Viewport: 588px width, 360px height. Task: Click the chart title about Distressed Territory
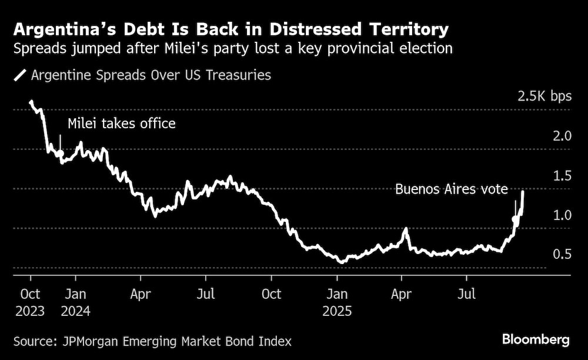tap(231, 29)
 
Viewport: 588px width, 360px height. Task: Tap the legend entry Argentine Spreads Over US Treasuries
tap(151, 75)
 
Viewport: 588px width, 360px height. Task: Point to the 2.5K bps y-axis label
tap(544, 96)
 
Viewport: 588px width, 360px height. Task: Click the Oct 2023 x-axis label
tap(30, 301)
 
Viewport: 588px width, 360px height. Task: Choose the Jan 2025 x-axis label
tap(337, 301)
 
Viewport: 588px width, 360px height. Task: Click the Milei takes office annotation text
tap(122, 124)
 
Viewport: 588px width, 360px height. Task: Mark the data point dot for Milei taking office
tap(60, 154)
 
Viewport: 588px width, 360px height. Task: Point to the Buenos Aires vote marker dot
tap(516, 219)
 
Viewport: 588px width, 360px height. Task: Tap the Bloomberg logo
tap(536, 339)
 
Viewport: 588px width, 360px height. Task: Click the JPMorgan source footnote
tap(153, 341)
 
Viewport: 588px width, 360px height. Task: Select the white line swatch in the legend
tap(21, 75)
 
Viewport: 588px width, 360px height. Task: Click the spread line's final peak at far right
tap(523, 191)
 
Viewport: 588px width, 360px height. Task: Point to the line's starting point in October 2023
tap(31, 102)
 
